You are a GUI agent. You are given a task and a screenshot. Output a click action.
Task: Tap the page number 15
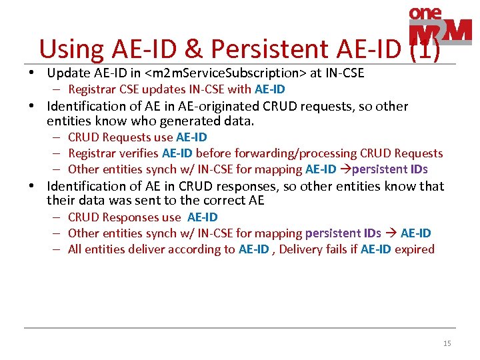point(447,343)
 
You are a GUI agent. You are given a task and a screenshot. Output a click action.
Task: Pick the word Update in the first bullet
point(69,73)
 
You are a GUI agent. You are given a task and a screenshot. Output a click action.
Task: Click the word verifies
point(136,153)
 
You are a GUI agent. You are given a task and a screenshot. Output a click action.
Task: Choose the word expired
point(415,249)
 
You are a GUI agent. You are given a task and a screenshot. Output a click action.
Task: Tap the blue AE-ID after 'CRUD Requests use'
point(191,137)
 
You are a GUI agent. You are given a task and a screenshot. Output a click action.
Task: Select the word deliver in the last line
point(145,249)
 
